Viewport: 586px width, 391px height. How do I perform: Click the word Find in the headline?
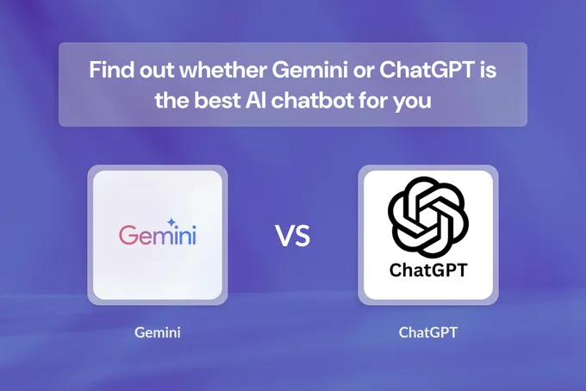(109, 70)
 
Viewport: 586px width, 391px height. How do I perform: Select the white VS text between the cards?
(292, 235)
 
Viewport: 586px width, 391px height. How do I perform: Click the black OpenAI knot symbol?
(427, 216)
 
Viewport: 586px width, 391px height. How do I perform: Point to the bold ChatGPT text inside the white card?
(427, 270)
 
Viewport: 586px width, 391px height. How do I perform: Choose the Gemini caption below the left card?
(158, 332)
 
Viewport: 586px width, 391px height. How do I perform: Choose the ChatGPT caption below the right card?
(427, 332)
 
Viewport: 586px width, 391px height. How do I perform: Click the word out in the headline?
(155, 70)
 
